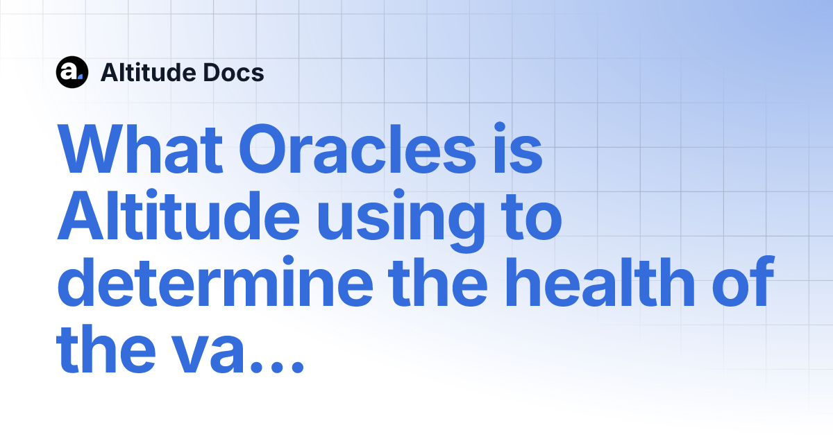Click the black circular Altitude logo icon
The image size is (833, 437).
point(71,72)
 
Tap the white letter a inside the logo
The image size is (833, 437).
point(70,72)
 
